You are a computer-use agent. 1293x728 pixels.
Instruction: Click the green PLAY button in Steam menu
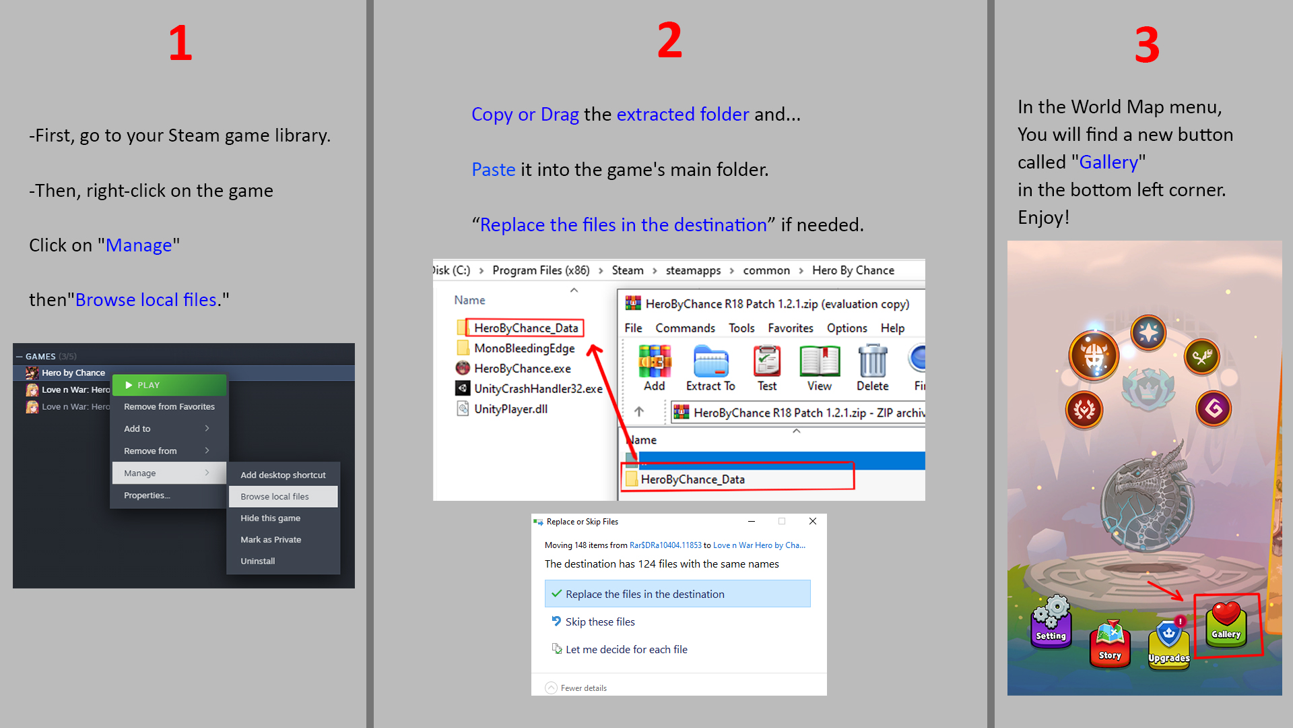coord(169,385)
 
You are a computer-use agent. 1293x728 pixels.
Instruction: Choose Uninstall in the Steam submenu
coord(258,561)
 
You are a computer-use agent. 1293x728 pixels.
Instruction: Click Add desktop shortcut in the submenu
coord(283,475)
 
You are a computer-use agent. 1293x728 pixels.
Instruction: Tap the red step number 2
coord(669,40)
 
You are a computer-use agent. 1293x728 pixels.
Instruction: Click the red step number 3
coord(1147,45)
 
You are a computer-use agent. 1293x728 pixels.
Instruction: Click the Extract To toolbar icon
coord(710,368)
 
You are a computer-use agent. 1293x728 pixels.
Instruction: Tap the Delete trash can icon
coord(873,368)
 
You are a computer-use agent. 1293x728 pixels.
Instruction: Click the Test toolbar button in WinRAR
coord(767,368)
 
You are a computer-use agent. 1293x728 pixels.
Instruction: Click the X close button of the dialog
coord(813,521)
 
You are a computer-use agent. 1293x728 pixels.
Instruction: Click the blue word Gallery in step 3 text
coord(1108,162)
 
